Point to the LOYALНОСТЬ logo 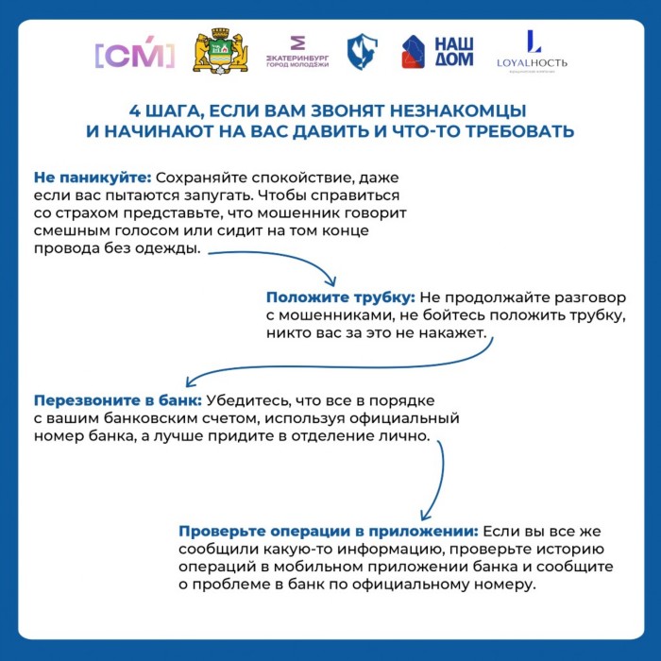[x=532, y=53]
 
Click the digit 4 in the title [x=134, y=109]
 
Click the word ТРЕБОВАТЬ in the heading [x=515, y=130]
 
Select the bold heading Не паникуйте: [x=92, y=177]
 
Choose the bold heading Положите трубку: [x=339, y=297]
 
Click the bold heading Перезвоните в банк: [x=117, y=400]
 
